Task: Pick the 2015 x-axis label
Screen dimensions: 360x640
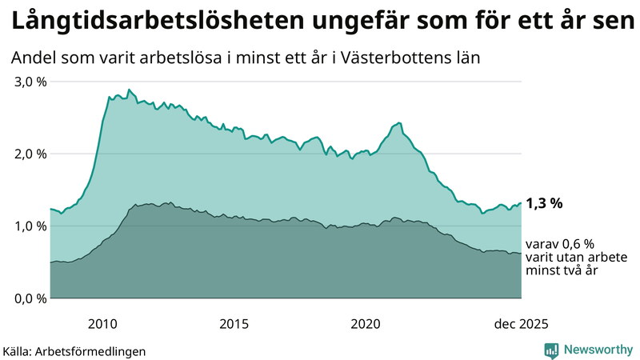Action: point(234,323)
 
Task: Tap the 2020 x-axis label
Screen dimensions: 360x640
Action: point(366,323)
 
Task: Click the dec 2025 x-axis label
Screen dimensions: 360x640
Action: point(521,323)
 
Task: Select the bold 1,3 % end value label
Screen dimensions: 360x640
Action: point(544,203)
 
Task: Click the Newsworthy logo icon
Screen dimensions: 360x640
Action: point(551,349)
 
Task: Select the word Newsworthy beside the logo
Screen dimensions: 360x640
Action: point(597,349)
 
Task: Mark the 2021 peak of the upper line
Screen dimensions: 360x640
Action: point(398,123)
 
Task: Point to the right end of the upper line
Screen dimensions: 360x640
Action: point(521,203)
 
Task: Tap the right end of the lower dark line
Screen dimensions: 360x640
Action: point(521,254)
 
